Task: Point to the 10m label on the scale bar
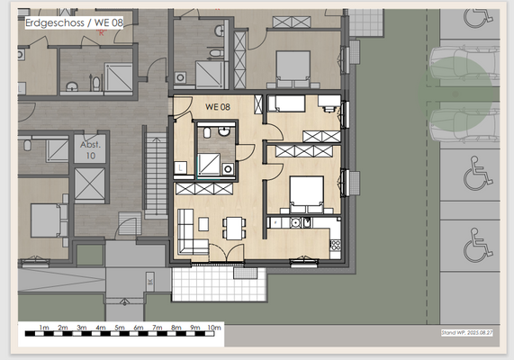coord(213,327)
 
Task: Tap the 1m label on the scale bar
coord(44,327)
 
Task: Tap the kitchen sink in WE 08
coord(306,221)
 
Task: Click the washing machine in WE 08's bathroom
coord(228,168)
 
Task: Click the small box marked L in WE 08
coord(183,166)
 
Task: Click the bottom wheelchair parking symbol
coord(474,244)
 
